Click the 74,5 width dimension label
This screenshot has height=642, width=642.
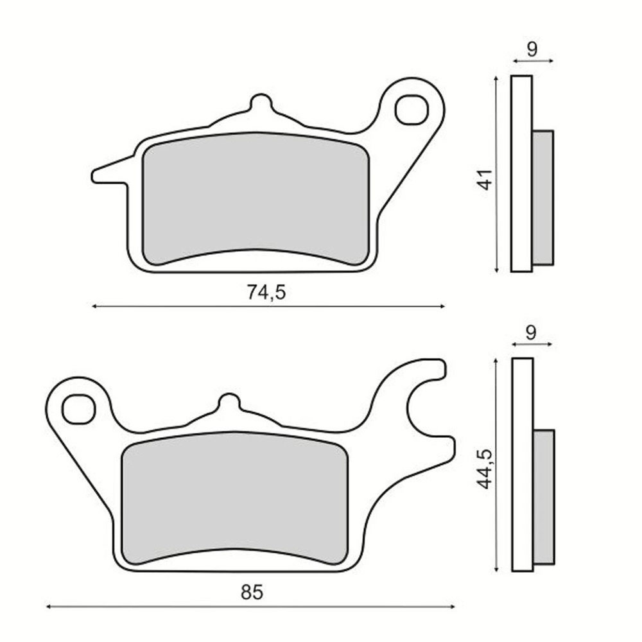(266, 292)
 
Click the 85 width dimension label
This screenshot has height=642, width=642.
(252, 591)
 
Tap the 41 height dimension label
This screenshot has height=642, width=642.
(486, 179)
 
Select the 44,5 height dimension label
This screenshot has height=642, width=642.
(486, 469)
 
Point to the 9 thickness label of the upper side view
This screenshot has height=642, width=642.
(532, 48)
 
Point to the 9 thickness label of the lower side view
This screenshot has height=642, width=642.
(532, 332)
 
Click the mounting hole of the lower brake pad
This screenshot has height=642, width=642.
(78, 409)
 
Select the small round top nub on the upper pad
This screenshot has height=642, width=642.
(261, 103)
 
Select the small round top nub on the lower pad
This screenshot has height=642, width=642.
(228, 402)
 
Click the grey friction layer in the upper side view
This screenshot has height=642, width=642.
(543, 198)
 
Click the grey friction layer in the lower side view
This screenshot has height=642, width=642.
(544, 497)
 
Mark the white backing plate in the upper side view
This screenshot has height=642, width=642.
(521, 173)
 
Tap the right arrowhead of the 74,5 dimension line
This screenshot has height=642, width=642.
(442, 307)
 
